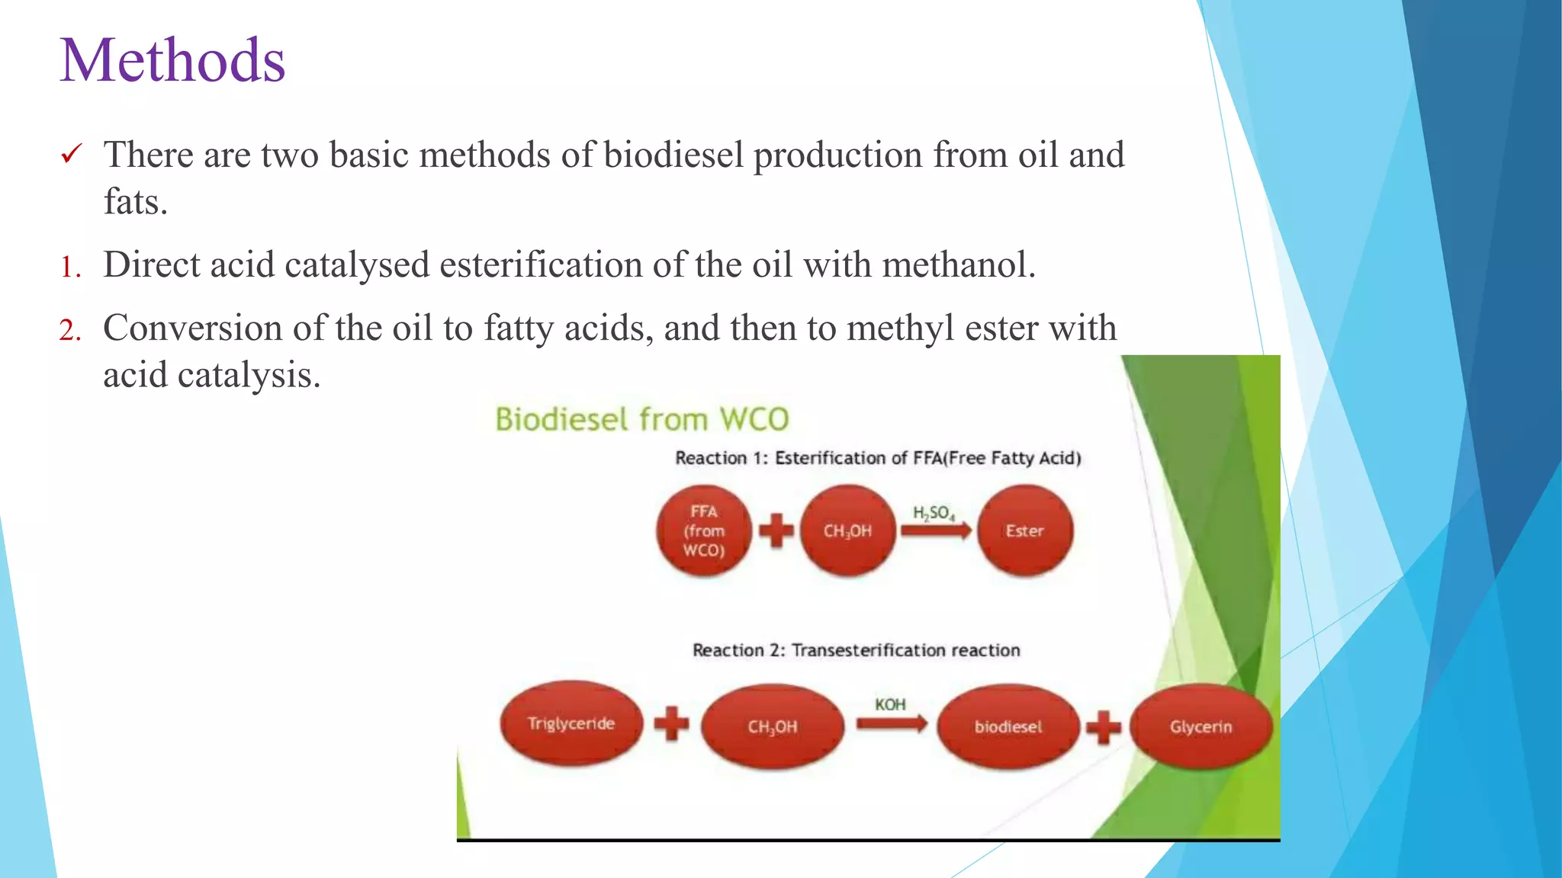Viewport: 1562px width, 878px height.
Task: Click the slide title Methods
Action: click(x=172, y=60)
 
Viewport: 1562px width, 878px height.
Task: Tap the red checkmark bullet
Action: click(x=71, y=155)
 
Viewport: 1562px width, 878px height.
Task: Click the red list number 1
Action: click(x=70, y=267)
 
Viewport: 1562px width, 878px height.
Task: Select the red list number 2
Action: click(x=70, y=330)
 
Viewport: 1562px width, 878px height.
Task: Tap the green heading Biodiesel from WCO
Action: click(x=641, y=419)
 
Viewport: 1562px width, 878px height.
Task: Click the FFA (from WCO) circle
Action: click(x=703, y=530)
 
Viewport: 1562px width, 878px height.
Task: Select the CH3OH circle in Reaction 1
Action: click(x=847, y=530)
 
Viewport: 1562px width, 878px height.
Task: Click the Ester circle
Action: click(x=1024, y=530)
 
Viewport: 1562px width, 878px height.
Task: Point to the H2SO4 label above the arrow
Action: click(x=934, y=513)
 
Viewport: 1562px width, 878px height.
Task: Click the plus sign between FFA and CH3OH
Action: click(x=776, y=530)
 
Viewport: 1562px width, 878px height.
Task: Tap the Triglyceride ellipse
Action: click(x=571, y=723)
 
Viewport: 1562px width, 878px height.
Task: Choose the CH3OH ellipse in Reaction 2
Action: click(x=772, y=726)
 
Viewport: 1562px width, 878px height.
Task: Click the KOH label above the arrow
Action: click(x=890, y=704)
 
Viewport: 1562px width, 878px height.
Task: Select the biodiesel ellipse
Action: click(x=1008, y=726)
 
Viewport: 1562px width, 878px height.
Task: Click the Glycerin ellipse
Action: click(x=1200, y=726)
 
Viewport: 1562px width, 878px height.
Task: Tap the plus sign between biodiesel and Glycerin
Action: click(x=1104, y=726)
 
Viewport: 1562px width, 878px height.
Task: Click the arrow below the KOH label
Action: click(x=891, y=724)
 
